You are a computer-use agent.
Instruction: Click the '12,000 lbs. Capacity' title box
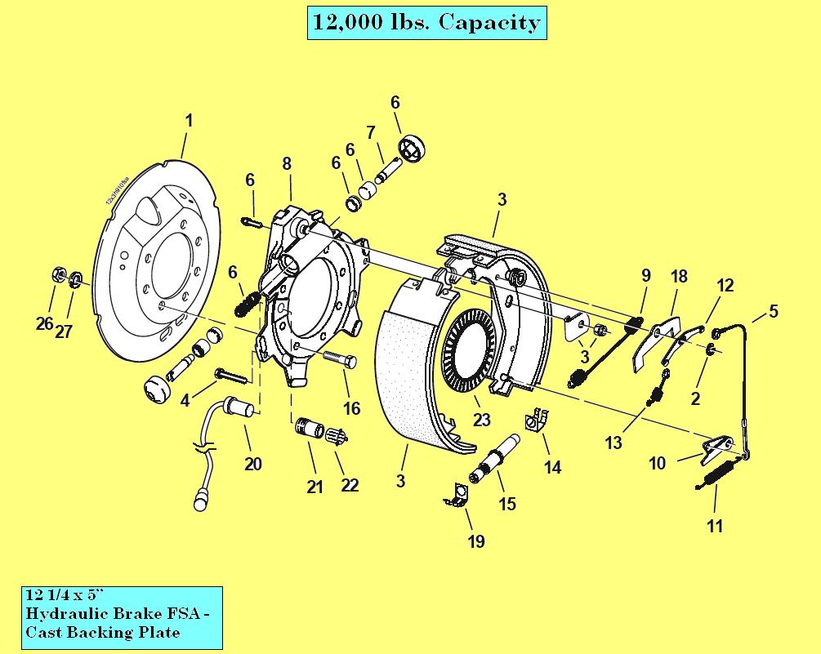pos(426,22)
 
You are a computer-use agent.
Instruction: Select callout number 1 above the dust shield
pos(189,121)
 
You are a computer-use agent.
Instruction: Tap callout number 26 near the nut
pos(44,323)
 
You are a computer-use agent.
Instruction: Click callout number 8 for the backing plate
pos(287,163)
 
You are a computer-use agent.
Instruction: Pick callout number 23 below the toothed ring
pos(482,420)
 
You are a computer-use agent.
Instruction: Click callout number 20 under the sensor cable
pos(253,464)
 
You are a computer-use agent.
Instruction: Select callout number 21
pos(315,487)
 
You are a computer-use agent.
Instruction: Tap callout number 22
pos(350,484)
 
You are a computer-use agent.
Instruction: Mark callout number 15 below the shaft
pos(507,504)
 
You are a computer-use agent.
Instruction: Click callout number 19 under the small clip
pos(475,541)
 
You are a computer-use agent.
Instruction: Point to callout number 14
pos(553,467)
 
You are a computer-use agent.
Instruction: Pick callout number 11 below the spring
pos(715,526)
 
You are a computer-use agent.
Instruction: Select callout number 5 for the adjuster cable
pos(773,311)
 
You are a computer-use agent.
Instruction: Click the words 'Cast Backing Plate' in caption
pos(103,633)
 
